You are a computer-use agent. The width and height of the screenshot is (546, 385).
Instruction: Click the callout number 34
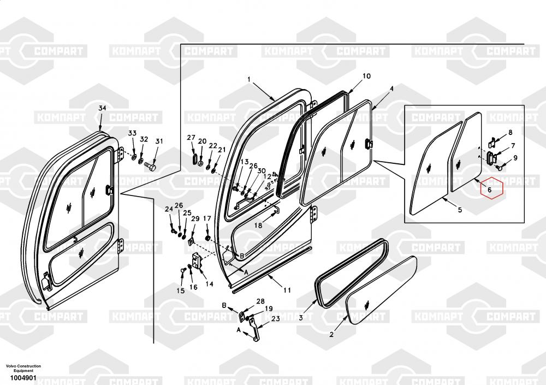tap(102, 108)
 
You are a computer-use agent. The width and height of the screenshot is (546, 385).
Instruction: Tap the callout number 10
tap(367, 76)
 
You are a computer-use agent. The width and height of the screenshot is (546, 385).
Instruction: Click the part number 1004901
tap(23, 378)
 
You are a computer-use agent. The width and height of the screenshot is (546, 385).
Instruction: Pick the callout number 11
tap(287, 290)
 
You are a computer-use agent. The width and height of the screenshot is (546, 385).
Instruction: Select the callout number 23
tap(276, 318)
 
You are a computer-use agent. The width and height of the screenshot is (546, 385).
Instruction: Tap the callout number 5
tap(460, 210)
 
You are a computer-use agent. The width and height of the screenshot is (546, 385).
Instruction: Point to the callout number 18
tap(258, 226)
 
